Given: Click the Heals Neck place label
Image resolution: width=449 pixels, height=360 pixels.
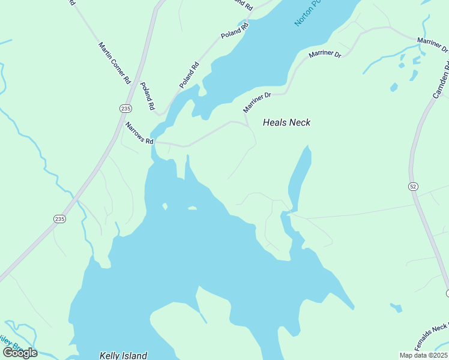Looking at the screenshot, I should click(x=286, y=122).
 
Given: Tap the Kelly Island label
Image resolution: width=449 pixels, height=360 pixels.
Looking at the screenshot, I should click(x=123, y=355).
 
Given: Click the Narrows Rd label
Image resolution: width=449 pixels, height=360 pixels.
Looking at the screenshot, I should click(x=140, y=133).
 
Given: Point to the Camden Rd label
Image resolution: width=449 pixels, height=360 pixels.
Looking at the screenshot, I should click(x=441, y=82).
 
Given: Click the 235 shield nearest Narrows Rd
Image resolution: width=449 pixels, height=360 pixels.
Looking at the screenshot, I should click(x=125, y=109).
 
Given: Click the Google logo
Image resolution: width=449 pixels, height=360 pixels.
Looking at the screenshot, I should click(x=20, y=353).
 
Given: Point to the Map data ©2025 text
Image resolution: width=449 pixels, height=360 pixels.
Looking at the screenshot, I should click(x=423, y=355).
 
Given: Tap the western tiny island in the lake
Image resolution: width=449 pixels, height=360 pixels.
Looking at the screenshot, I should click(x=164, y=206).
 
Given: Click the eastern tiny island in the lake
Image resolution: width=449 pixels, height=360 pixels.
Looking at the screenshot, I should click(x=192, y=208).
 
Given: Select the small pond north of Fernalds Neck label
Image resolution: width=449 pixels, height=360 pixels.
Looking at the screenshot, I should click(x=396, y=308).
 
